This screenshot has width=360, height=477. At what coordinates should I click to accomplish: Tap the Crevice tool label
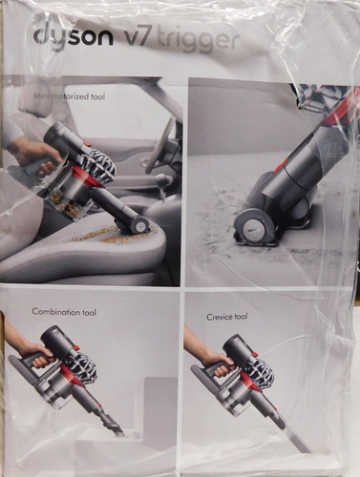click(227, 316)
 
